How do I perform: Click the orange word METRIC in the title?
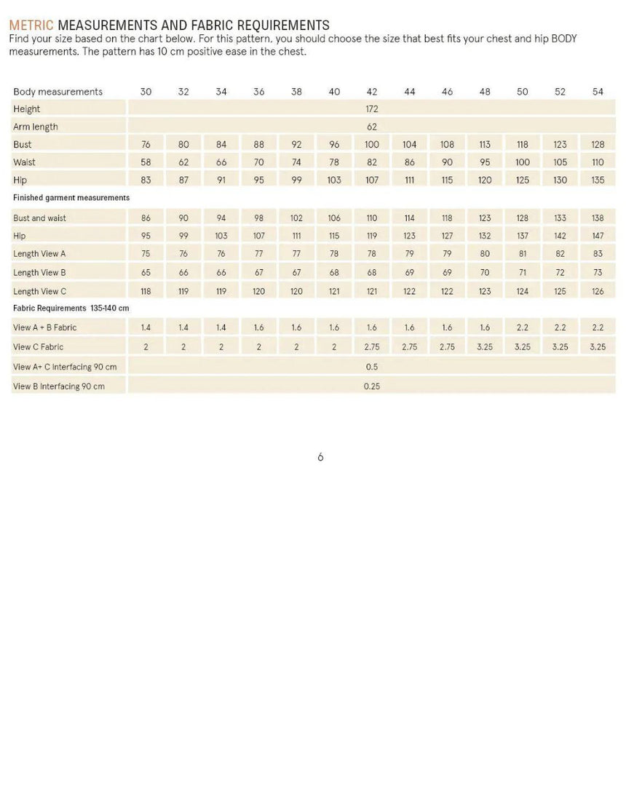tap(31, 26)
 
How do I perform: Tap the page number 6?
tap(320, 457)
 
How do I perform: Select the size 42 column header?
tap(372, 92)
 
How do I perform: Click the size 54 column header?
tap(598, 92)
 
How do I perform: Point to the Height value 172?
tap(372, 109)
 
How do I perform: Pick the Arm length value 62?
tap(372, 127)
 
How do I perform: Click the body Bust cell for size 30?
tap(146, 145)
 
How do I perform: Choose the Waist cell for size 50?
tap(523, 162)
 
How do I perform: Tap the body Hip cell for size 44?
tap(410, 180)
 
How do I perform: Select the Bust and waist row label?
tap(39, 218)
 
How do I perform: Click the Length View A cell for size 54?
tap(598, 254)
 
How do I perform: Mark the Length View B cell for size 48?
tap(485, 273)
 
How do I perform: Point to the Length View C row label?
tap(40, 292)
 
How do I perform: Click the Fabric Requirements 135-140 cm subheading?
tap(71, 309)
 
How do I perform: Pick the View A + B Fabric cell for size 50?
tap(523, 328)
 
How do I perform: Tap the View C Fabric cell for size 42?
tap(372, 347)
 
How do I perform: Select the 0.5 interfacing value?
tap(372, 367)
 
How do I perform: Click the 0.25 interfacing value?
tap(372, 386)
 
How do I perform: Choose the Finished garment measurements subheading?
tap(71, 198)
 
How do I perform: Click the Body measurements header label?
tap(58, 92)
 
